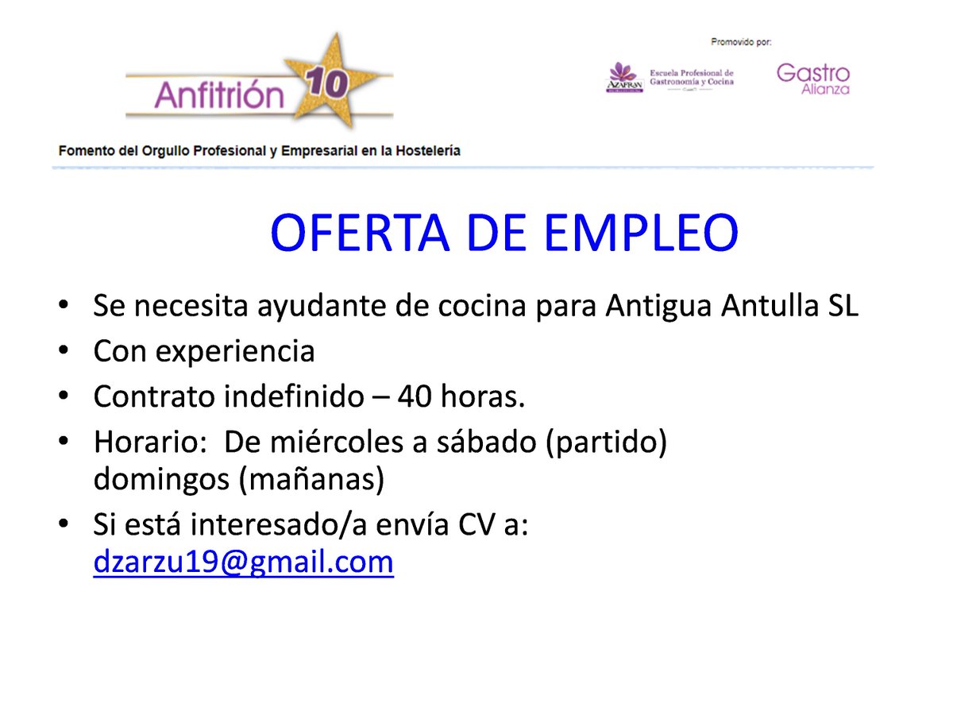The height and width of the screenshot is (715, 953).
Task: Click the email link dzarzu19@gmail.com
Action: (x=243, y=562)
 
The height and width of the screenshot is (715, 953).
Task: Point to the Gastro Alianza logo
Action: (x=812, y=79)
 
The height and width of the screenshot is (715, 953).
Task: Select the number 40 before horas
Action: (x=415, y=397)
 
